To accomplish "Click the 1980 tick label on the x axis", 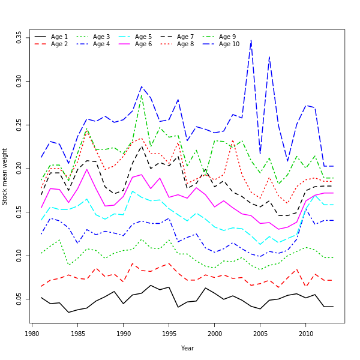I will coord(32,333).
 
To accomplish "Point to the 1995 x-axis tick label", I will coord(169,333).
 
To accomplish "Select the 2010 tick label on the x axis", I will coord(306,333).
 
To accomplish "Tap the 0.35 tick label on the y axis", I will coord(20,37).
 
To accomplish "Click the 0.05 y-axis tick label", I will coord(20,299).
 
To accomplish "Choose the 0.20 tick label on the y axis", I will coord(20,168).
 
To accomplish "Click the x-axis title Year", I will coord(187,348).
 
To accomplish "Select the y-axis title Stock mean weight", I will coord(5,176).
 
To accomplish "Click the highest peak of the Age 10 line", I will coord(251,40).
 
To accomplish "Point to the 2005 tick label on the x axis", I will coord(260,333).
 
